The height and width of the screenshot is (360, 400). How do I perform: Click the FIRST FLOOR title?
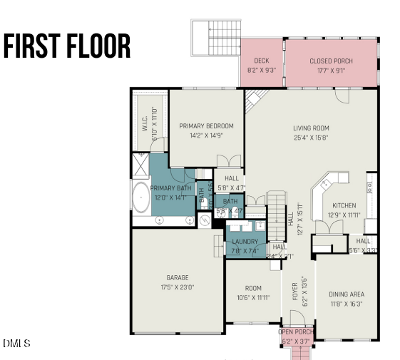pyautogui.click(x=67, y=46)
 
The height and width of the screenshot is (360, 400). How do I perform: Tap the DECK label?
pyautogui.click(x=252, y=61)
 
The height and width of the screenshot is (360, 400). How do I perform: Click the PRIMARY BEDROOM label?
pyautogui.click(x=206, y=126)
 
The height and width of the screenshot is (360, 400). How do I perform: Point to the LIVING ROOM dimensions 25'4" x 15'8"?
pyautogui.click(x=311, y=138)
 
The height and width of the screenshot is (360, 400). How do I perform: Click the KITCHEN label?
pyautogui.click(x=343, y=205)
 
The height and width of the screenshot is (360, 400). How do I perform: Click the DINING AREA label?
pyautogui.click(x=347, y=294)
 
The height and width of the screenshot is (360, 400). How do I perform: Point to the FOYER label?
pyautogui.click(x=294, y=290)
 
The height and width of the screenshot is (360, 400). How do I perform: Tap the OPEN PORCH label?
pyautogui.click(x=295, y=332)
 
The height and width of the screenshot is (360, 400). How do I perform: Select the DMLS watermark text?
pyautogui.click(x=16, y=344)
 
